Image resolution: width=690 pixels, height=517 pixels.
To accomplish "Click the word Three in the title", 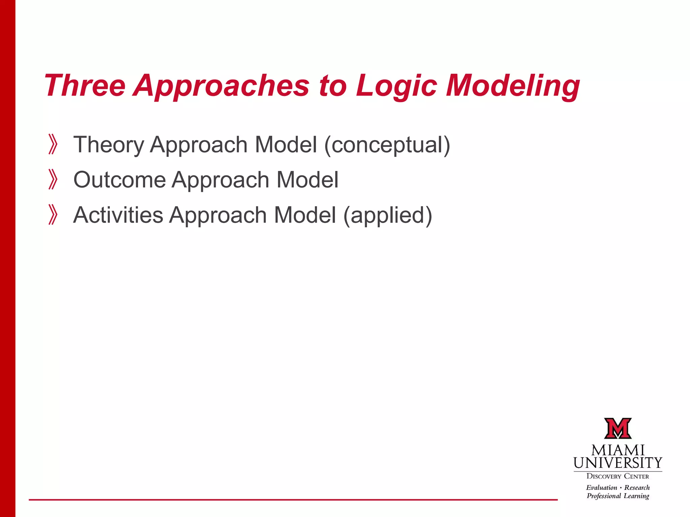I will pyautogui.click(x=85, y=86).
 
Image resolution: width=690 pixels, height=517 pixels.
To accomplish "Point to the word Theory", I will pyautogui.click(x=109, y=145).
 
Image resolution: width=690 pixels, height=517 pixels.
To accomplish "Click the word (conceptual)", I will pyautogui.click(x=387, y=145).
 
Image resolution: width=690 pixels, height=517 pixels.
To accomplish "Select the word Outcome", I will pyautogui.click(x=120, y=180).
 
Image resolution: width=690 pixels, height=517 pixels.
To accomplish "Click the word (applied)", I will pyautogui.click(x=387, y=215).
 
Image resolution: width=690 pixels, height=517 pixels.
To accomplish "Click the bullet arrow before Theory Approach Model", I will pyautogui.click(x=53, y=144).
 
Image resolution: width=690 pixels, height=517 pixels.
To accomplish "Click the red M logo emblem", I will pyautogui.click(x=618, y=428).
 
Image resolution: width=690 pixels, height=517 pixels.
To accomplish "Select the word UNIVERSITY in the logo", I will pyautogui.click(x=618, y=463).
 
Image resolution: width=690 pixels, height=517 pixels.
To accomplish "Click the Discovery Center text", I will pyautogui.click(x=618, y=476).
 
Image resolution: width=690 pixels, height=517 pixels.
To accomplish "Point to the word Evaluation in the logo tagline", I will pyautogui.click(x=601, y=488).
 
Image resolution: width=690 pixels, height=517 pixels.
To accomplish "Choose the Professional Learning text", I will pyautogui.click(x=618, y=496).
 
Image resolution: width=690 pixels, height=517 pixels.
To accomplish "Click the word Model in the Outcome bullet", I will pyautogui.click(x=307, y=180).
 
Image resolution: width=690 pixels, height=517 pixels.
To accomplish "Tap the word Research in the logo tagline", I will pyautogui.click(x=637, y=488).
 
